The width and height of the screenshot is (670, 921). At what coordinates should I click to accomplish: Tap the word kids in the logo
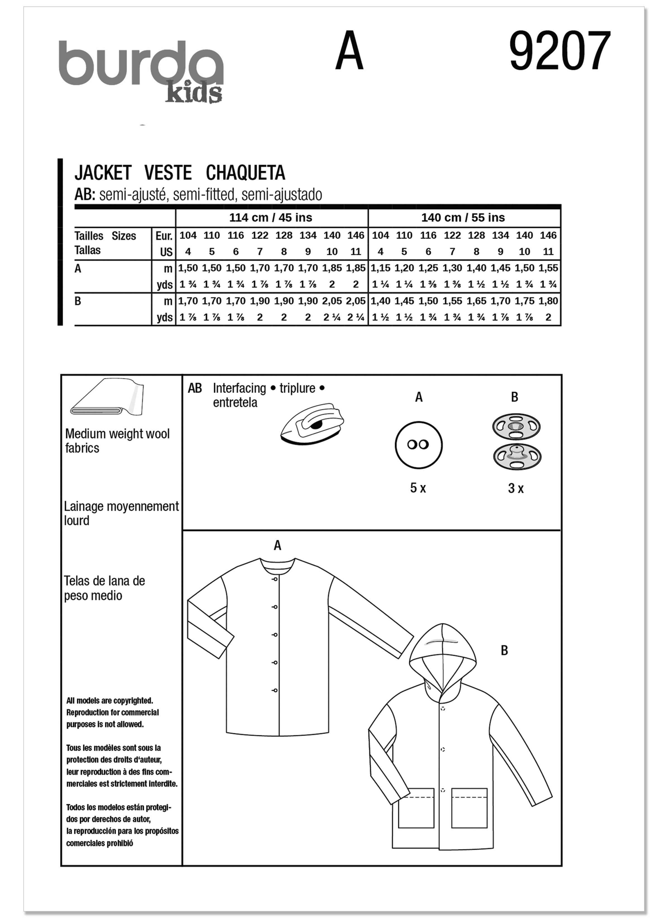[193, 94]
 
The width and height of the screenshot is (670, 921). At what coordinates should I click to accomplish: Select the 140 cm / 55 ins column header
[463, 218]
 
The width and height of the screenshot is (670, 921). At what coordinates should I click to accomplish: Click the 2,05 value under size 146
[356, 301]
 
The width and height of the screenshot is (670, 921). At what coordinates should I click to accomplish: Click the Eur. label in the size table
[164, 236]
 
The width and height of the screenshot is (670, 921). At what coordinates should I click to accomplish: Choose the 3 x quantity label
[516, 488]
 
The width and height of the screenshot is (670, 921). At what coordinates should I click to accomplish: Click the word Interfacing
[239, 388]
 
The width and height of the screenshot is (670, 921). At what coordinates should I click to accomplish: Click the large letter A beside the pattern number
[349, 52]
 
